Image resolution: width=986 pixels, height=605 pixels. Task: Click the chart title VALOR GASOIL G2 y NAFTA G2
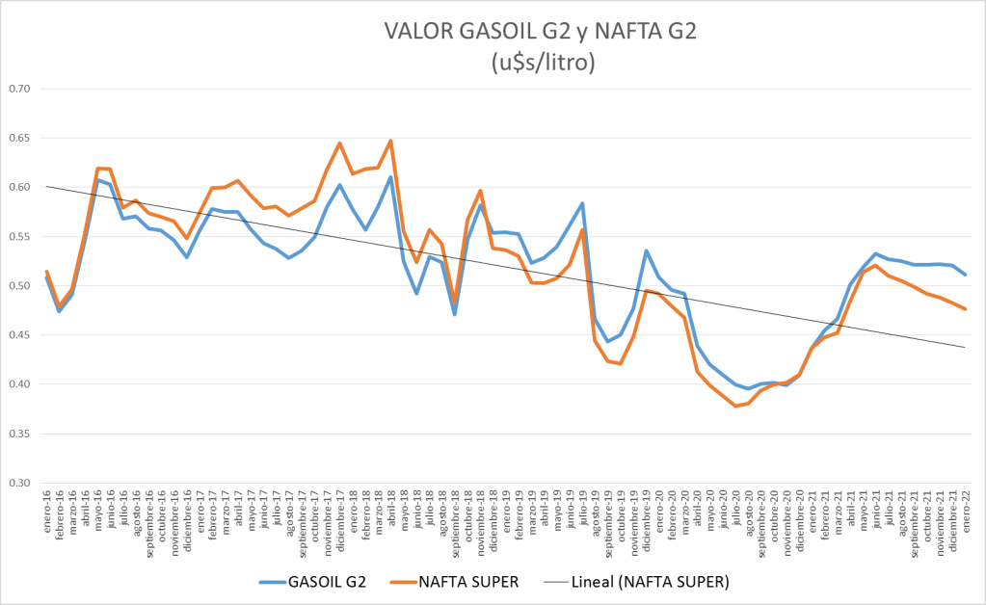(540, 32)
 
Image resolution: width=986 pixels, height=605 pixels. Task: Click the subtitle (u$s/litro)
(540, 64)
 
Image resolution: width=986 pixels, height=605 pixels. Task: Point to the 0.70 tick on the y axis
(20, 89)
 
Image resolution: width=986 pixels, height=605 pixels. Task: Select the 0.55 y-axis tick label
(20, 237)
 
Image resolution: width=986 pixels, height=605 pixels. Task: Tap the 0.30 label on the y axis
(20, 484)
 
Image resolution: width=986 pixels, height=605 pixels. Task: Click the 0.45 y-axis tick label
(20, 335)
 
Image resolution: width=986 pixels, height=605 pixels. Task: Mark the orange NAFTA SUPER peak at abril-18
(390, 141)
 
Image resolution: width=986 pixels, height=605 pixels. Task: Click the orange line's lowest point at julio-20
(735, 406)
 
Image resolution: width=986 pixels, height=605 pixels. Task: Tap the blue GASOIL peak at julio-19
(582, 203)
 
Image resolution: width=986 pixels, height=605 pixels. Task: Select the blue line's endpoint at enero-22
(965, 275)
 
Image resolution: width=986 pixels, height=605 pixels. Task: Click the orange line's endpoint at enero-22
(965, 308)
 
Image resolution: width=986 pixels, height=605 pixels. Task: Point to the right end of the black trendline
(965, 347)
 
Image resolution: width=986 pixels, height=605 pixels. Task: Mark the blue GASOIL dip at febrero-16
(60, 311)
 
